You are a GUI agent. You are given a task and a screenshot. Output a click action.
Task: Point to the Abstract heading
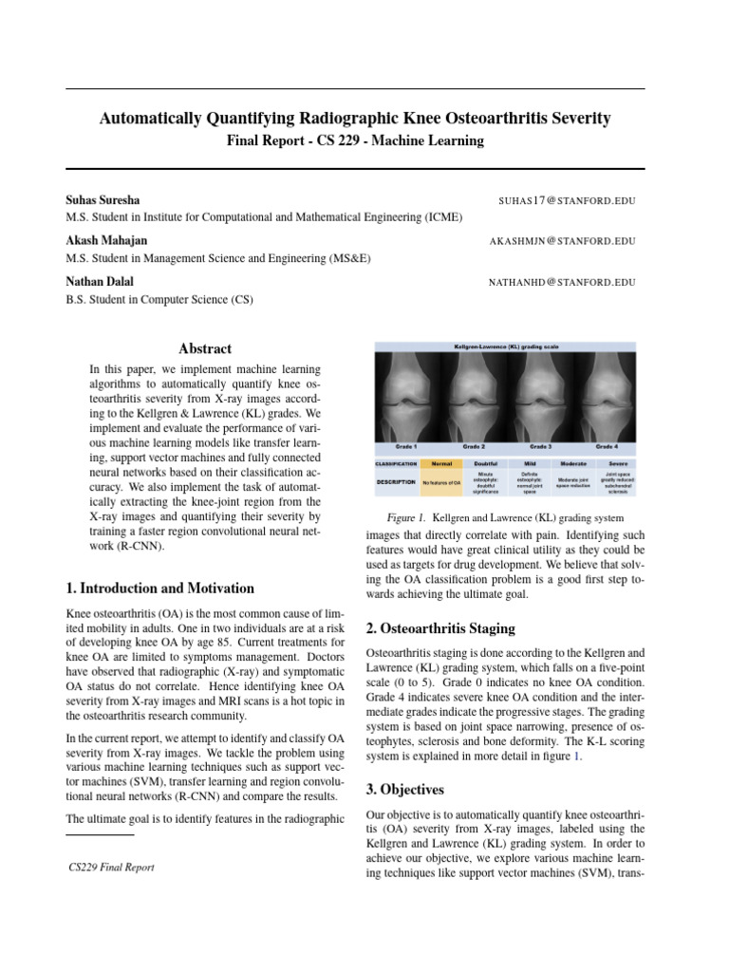click(205, 348)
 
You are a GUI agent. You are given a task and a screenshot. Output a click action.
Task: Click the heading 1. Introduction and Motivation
click(159, 589)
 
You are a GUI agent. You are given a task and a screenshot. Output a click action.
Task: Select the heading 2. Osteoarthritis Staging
click(440, 628)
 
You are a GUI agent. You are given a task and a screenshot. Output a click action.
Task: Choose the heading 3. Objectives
click(405, 789)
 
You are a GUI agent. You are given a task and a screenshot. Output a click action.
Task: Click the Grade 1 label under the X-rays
click(405, 445)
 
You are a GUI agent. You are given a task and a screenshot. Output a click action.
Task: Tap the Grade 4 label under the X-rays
click(607, 445)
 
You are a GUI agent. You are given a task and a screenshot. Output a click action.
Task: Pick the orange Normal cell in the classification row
click(441, 464)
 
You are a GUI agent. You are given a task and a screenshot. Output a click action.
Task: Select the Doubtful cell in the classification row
click(486, 464)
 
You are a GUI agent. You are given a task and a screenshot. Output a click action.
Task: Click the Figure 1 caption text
click(505, 518)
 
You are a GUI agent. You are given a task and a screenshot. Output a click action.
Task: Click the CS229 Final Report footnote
click(112, 867)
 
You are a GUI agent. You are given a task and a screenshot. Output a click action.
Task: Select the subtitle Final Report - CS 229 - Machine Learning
click(355, 140)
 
